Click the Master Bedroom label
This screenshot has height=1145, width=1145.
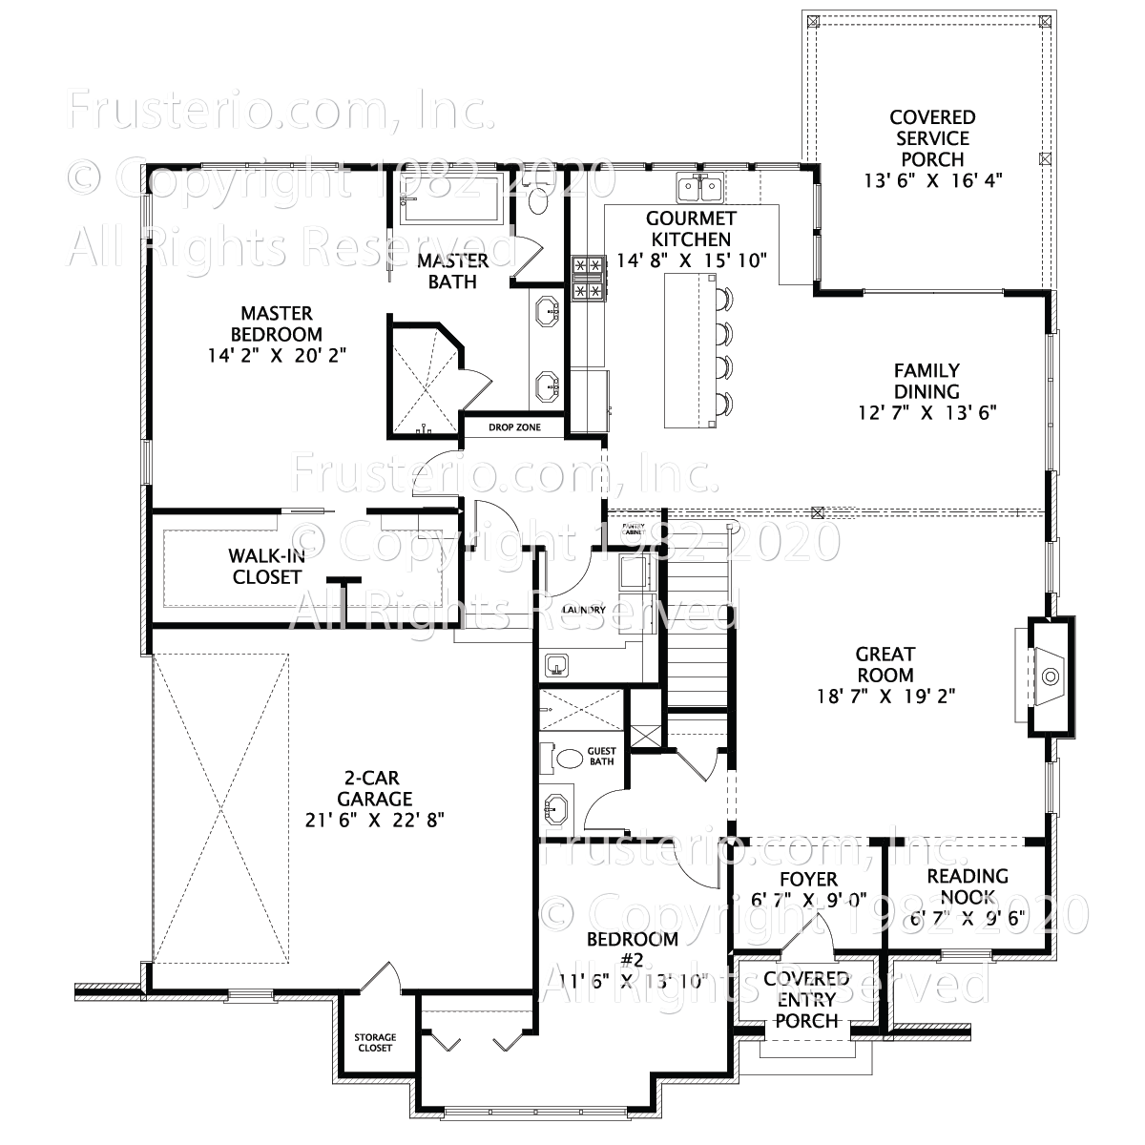[277, 323]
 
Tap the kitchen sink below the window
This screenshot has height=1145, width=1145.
[700, 188]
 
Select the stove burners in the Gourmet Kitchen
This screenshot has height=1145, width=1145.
[587, 278]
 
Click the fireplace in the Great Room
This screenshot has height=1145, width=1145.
[1050, 677]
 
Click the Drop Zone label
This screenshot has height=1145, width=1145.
[514, 427]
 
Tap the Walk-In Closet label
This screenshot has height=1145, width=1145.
[266, 566]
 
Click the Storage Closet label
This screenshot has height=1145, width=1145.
[375, 1042]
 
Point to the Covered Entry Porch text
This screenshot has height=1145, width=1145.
[805, 1000]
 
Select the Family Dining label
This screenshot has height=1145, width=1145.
[926, 381]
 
